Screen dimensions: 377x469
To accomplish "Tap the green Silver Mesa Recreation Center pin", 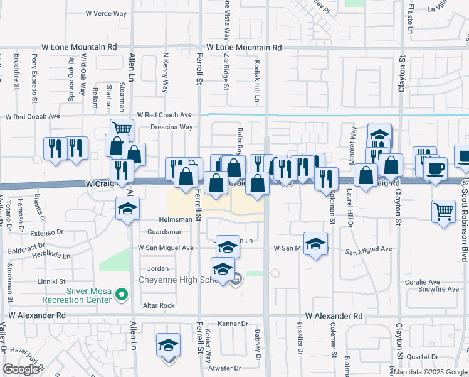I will (x=122, y=293).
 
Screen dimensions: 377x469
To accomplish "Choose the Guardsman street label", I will (x=165, y=232).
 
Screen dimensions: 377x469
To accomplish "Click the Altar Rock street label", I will (x=159, y=305).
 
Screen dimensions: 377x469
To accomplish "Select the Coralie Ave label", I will (x=423, y=282).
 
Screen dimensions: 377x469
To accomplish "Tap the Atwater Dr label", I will (x=225, y=368).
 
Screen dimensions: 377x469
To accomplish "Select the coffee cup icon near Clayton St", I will (x=435, y=168).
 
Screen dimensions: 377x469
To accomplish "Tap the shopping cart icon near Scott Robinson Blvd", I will (x=443, y=211).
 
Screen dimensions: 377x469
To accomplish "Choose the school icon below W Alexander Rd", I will (x=168, y=345).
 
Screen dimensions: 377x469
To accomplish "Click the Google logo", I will (x=21, y=369).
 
